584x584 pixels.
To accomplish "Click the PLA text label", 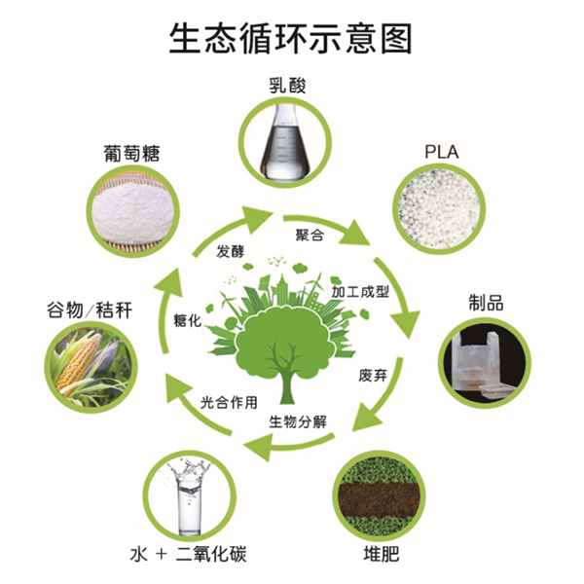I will point(443,151).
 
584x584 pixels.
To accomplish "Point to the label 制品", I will point(487,303).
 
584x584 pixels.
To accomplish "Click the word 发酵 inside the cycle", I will point(231,251).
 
